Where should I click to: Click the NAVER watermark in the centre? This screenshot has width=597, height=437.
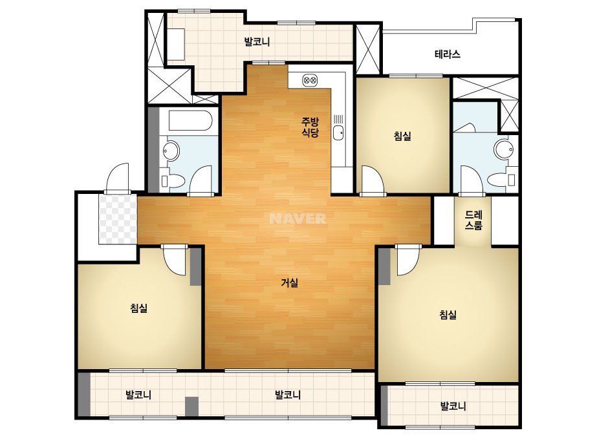(298, 218)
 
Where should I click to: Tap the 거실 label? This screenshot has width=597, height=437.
(289, 283)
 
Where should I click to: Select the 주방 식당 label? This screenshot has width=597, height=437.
(310, 127)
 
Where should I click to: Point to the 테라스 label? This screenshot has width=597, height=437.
(448, 54)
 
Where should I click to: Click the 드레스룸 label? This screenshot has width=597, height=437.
(473, 220)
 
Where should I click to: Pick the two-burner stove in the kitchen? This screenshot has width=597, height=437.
(310, 80)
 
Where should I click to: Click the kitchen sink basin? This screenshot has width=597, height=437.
(338, 133)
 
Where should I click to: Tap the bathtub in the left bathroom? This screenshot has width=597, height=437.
(190, 121)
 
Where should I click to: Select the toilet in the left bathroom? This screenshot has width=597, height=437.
(173, 181)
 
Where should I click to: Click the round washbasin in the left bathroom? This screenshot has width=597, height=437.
(171, 151)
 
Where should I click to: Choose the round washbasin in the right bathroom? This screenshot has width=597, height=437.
(503, 149)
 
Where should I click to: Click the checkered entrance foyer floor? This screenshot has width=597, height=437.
(118, 219)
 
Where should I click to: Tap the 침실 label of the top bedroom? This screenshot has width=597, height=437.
(402, 136)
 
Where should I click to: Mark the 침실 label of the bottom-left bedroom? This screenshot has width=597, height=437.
(139, 308)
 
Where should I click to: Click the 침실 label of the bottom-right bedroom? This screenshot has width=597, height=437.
(448, 315)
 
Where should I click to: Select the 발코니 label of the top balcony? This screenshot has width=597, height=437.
(257, 41)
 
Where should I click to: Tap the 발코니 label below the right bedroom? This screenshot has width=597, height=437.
(453, 406)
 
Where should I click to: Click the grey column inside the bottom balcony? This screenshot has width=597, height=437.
(192, 406)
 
